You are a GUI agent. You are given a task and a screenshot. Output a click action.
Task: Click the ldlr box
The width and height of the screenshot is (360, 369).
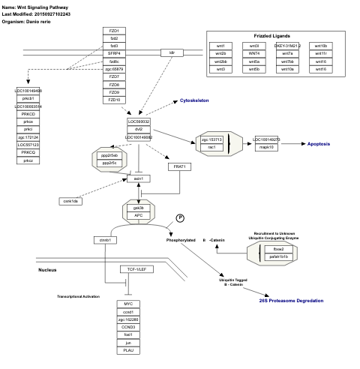click(x=172, y=53)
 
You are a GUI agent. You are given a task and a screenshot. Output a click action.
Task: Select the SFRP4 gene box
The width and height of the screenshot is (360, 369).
click(x=114, y=53)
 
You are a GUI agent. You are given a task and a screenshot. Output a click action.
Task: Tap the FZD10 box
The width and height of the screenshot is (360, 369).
click(x=114, y=100)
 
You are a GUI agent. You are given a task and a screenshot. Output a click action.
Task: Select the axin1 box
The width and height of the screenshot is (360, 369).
click(x=138, y=178)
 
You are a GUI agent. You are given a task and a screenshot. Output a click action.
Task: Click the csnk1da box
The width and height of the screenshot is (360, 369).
click(x=71, y=200)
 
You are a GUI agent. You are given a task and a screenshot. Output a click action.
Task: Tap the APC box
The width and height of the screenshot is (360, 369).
click(x=138, y=215)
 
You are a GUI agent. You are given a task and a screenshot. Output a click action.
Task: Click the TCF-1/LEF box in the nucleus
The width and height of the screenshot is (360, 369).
click(x=137, y=268)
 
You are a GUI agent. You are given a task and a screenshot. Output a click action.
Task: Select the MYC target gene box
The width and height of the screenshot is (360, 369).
click(x=128, y=304)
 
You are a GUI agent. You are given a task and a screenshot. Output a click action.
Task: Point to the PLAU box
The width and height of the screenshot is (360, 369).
click(x=128, y=350)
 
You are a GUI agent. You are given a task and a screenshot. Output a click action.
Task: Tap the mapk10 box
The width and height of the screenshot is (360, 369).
click(x=266, y=148)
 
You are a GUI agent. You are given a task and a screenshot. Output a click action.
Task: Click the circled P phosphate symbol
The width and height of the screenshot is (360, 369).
click(x=180, y=217)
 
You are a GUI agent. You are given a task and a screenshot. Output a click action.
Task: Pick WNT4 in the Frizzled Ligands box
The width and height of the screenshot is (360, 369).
click(x=254, y=53)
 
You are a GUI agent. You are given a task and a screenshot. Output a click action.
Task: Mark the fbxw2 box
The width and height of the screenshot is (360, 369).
click(x=278, y=248)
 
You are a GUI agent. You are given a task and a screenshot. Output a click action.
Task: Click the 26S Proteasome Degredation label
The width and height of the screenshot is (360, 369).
click(x=291, y=301)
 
